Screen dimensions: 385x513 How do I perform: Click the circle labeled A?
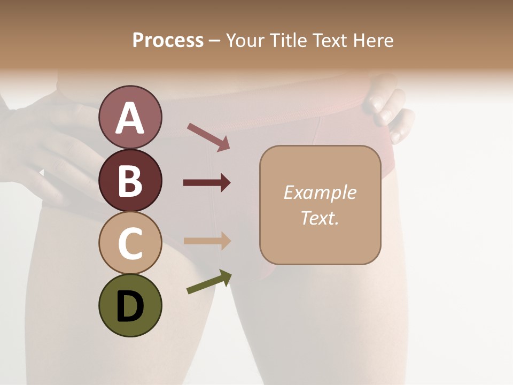(130, 118)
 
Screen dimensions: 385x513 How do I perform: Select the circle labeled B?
(130, 180)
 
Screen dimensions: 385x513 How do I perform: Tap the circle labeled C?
(130, 243)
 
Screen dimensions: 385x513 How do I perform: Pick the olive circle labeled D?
(130, 305)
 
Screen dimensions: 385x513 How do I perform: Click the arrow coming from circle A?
(208, 137)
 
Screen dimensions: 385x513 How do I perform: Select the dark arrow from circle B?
(207, 183)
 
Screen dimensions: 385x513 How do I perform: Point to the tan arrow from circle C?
(207, 241)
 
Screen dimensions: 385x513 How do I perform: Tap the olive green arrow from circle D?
(209, 282)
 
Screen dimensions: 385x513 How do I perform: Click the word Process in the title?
(168, 41)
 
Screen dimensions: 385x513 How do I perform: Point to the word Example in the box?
(320, 192)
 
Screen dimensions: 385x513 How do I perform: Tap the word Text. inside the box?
(320, 218)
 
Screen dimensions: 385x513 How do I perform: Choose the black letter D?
(130, 306)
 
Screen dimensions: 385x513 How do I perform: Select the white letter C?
(130, 244)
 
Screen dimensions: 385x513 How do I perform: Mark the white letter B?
(130, 181)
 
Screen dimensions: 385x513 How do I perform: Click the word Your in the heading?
(244, 41)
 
